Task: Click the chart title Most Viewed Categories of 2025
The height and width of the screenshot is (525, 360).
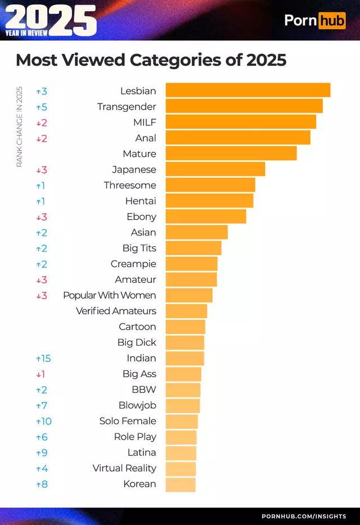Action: coord(151,60)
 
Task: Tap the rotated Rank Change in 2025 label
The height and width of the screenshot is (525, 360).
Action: coord(19,126)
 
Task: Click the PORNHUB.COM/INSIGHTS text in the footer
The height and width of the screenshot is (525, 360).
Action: coord(304,516)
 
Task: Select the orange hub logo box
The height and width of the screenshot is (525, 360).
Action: coord(332,21)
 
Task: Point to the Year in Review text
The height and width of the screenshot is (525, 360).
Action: coord(26,33)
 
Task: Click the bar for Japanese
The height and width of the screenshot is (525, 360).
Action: coord(215,169)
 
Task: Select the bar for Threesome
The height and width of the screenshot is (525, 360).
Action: coord(210,185)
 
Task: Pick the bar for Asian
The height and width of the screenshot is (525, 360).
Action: coord(196,232)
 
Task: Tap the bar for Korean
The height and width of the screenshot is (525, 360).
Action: coord(180,484)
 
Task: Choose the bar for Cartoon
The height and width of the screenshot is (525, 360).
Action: coord(185,327)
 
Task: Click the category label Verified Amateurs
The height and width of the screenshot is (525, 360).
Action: coord(116,311)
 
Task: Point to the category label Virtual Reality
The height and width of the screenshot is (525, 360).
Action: coord(124,468)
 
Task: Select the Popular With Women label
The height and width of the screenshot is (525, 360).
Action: coord(109,295)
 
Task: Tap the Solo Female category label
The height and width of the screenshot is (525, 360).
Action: coord(128,421)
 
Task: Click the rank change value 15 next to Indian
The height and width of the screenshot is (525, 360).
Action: coord(44,358)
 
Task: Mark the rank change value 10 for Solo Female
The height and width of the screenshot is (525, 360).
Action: coord(44,421)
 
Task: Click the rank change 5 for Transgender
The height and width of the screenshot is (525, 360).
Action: coord(44,106)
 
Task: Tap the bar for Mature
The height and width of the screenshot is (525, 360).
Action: coord(231,153)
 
